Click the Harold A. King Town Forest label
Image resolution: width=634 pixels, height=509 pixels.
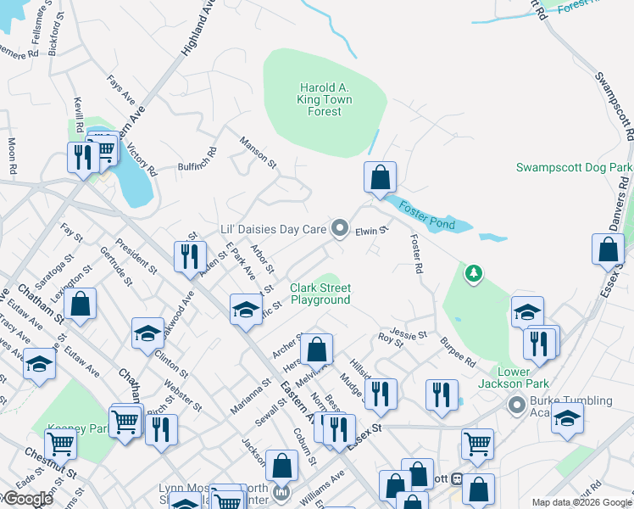pos(325,99)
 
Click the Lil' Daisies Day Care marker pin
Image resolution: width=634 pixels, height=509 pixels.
pos(340,227)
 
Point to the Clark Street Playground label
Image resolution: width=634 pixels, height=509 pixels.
pos(320,294)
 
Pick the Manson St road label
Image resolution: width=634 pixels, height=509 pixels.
pos(258,150)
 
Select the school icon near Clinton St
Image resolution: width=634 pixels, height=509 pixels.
pos(147,333)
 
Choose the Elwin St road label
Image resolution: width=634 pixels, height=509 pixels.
pos(371,230)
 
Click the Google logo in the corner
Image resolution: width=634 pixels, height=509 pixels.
pos(29,500)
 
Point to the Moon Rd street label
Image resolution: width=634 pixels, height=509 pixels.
pos(12,157)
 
